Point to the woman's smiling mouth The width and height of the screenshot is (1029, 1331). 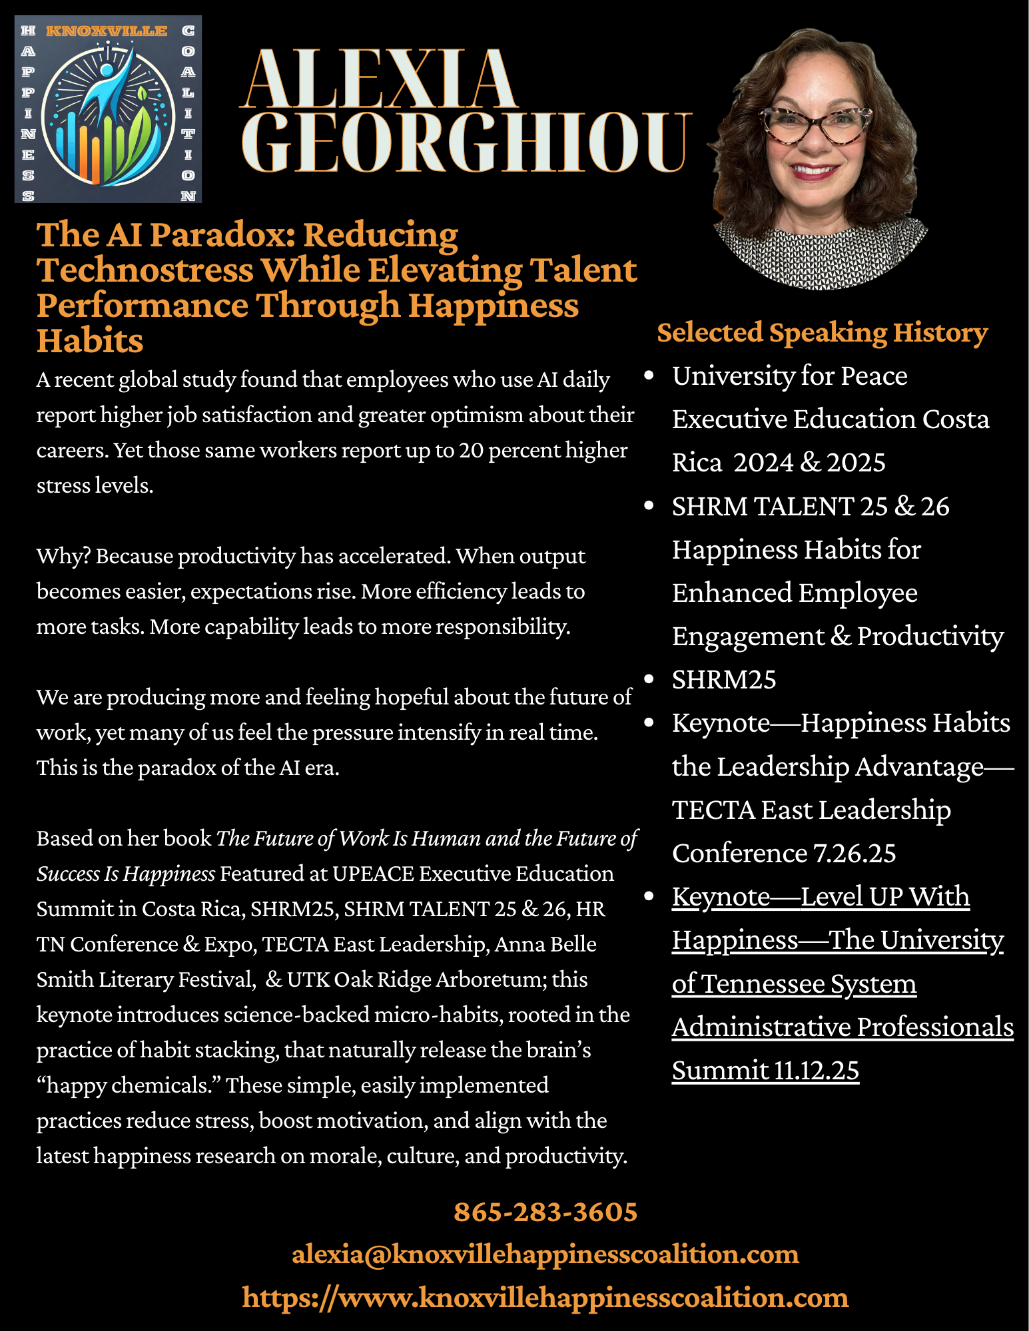tap(814, 171)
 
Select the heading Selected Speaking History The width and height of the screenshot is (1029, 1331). tap(822, 333)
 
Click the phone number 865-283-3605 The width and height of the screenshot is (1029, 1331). tap(545, 1212)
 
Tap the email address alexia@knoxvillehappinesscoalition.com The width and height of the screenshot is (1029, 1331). tap(545, 1254)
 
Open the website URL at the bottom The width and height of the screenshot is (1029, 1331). tap(545, 1298)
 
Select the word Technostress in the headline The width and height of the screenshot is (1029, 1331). tap(145, 270)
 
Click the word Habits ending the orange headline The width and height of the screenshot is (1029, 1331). tap(90, 341)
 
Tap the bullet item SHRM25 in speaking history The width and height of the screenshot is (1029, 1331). tap(724, 680)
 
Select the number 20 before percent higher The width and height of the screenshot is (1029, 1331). tap(471, 451)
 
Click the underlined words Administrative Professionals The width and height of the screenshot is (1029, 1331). tap(843, 1027)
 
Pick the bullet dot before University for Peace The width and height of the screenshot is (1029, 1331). tap(649, 376)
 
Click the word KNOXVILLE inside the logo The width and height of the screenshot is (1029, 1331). tap(107, 31)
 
